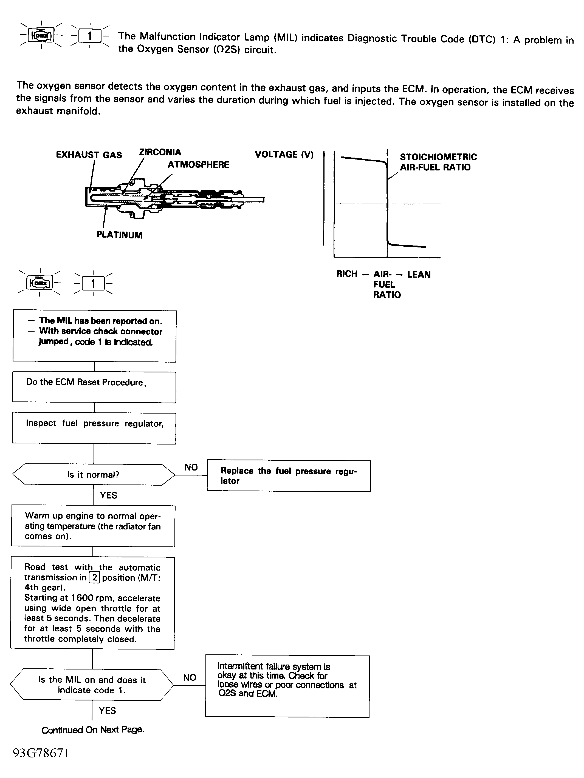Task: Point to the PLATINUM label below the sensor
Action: tap(119, 235)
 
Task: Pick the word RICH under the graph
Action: tap(347, 274)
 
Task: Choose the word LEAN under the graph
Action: tap(419, 274)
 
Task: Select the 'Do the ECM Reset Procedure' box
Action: tap(94, 387)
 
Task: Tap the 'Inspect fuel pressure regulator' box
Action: tap(94, 428)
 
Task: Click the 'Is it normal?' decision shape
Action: tap(93, 475)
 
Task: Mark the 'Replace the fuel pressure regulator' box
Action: tap(289, 476)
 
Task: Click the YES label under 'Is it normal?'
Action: tap(108, 495)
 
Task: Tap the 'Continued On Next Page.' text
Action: tap(93, 730)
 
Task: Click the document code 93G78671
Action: tap(41, 753)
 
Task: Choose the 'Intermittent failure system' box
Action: tap(287, 686)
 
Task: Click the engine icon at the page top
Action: tap(41, 35)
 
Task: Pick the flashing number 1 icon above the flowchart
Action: tap(93, 283)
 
